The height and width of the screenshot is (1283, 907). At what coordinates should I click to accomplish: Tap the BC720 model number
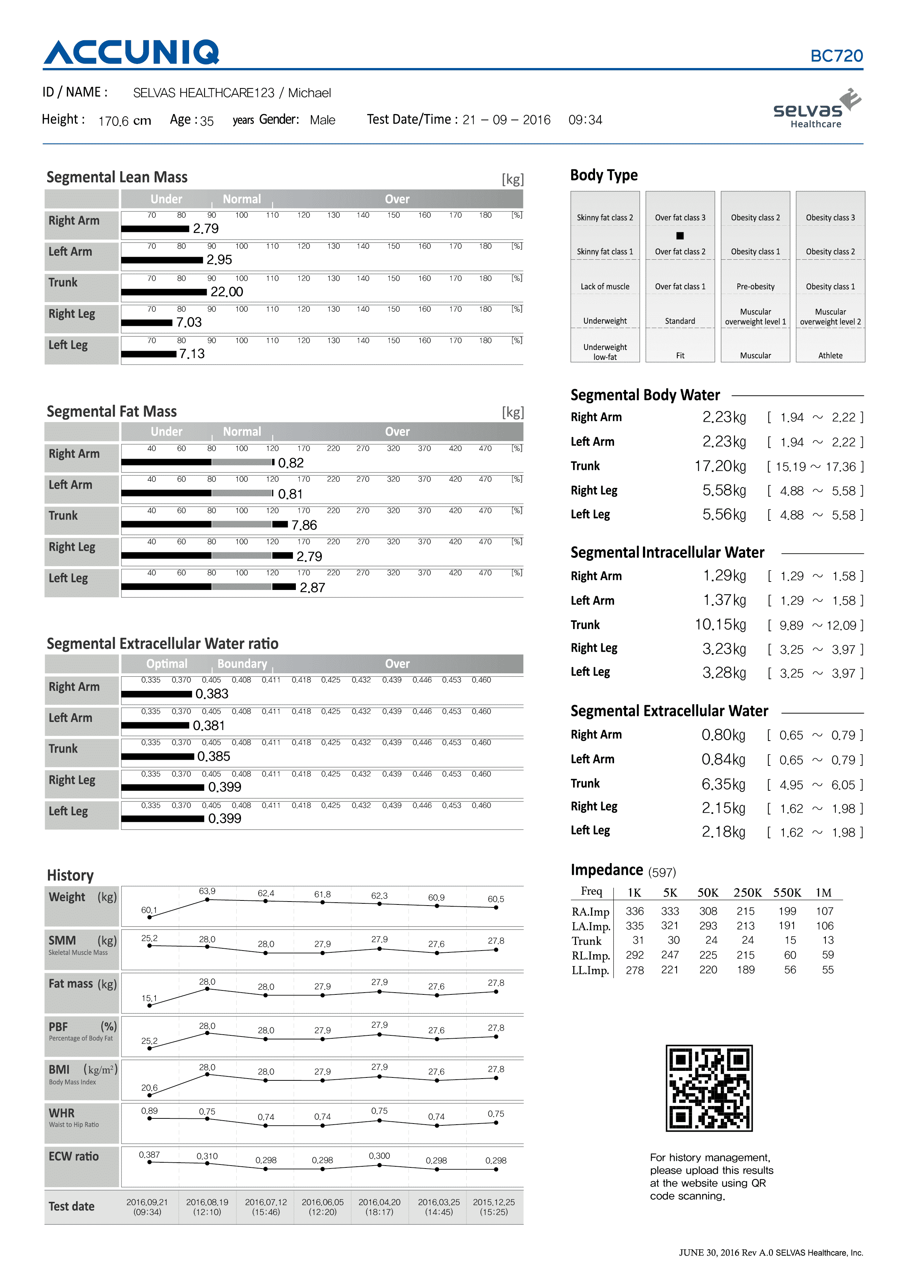[x=836, y=56]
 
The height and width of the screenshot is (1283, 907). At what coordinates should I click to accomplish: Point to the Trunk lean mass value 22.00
[x=226, y=292]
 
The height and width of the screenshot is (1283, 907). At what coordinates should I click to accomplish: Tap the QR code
[x=709, y=1088]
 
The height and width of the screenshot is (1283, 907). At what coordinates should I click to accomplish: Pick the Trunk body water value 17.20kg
[x=720, y=466]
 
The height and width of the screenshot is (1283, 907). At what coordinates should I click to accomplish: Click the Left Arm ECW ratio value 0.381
[x=208, y=725]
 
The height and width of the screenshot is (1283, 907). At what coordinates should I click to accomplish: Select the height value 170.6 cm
[x=125, y=121]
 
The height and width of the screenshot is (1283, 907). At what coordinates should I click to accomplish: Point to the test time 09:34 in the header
[x=585, y=120]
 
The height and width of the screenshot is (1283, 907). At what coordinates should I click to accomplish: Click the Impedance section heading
[x=606, y=870]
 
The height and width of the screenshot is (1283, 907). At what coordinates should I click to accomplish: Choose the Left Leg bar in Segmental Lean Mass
[x=148, y=354]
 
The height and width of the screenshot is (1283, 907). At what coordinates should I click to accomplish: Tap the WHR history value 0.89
[x=149, y=1111]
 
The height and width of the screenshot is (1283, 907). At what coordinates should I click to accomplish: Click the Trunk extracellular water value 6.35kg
[x=723, y=785]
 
